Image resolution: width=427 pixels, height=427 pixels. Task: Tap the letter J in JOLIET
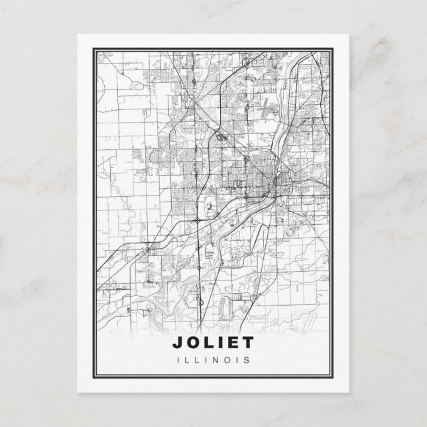pos(177,343)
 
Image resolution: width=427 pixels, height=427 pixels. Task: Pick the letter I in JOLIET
pos(219,343)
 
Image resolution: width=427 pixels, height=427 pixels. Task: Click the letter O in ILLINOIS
pos(226,360)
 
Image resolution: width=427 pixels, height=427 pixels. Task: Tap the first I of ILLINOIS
pos(179,360)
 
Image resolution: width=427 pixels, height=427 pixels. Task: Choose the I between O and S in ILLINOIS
pos(237,360)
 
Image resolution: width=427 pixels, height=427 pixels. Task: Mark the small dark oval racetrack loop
pos(219,137)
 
